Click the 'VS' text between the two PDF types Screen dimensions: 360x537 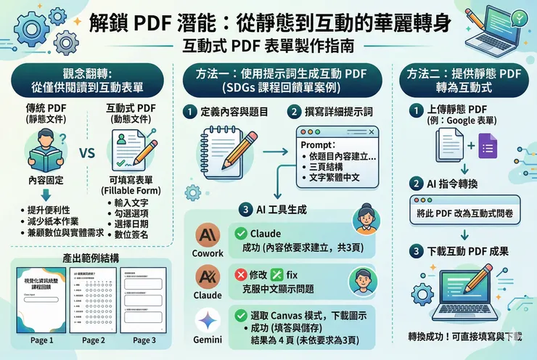tap(88, 154)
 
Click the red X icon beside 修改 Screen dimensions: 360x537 tap(241, 276)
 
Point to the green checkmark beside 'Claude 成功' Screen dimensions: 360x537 tap(240, 234)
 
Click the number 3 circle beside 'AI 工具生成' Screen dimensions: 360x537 tap(249, 210)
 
